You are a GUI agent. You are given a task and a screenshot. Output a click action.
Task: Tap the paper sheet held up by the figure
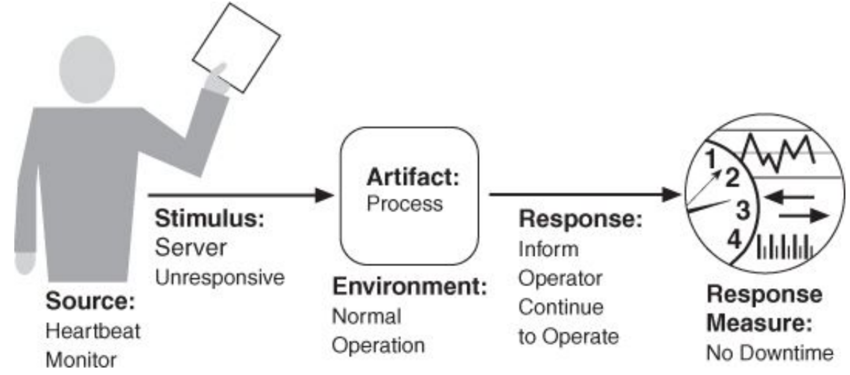click(x=237, y=47)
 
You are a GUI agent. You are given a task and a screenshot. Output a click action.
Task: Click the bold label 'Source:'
click(x=90, y=301)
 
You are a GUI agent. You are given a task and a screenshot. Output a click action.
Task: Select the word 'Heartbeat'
click(x=93, y=331)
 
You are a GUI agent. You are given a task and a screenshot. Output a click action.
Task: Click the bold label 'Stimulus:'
click(x=210, y=218)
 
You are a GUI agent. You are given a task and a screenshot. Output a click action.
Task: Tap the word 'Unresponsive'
click(x=220, y=278)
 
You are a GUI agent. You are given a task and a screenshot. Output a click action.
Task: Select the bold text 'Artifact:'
click(x=413, y=177)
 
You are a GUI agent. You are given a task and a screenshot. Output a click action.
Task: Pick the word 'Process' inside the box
click(x=405, y=204)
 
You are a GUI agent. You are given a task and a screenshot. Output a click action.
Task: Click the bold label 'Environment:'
click(x=410, y=286)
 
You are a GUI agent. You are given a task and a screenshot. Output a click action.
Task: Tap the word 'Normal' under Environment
click(x=366, y=317)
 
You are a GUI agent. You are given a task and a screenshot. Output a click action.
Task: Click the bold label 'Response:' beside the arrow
click(x=581, y=218)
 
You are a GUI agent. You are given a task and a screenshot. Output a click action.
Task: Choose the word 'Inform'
click(x=548, y=249)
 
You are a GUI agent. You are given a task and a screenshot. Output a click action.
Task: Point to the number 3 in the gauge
click(x=743, y=209)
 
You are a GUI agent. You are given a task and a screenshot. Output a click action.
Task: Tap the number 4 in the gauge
click(x=734, y=240)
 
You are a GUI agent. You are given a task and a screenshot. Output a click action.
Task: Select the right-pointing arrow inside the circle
click(x=803, y=216)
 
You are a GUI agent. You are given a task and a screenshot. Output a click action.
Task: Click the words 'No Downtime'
click(x=770, y=353)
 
